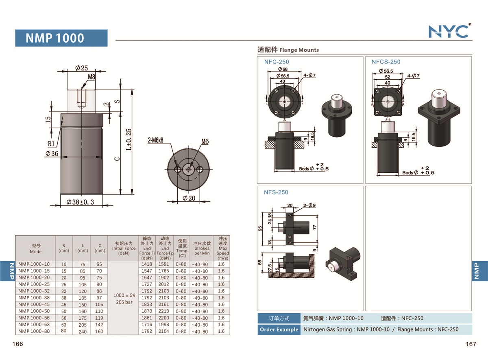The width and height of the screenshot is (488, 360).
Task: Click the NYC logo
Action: tap(449, 31)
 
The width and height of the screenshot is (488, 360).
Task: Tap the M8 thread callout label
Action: tap(91, 76)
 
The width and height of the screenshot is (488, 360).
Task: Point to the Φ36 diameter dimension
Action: tap(52, 154)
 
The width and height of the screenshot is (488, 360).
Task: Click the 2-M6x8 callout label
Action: tap(159, 141)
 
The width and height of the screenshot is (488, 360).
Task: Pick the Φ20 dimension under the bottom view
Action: tap(189, 198)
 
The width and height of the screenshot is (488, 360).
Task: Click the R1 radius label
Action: tap(51, 144)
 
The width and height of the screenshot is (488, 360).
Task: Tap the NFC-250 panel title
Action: tap(277, 62)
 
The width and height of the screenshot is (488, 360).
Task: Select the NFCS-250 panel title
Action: tap(386, 62)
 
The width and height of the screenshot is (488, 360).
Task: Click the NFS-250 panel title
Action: tap(276, 192)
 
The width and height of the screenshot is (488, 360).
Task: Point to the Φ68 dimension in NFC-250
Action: tap(283, 70)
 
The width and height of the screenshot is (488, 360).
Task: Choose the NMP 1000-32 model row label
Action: tap(34, 291)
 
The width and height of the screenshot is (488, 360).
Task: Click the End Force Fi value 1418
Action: tap(147, 264)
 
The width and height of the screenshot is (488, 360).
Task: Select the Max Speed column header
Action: tap(223, 248)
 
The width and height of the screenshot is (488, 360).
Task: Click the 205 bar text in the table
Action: tap(124, 302)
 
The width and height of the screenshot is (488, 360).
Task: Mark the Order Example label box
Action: tap(279, 329)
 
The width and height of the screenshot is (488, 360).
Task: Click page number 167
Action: tap(471, 344)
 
